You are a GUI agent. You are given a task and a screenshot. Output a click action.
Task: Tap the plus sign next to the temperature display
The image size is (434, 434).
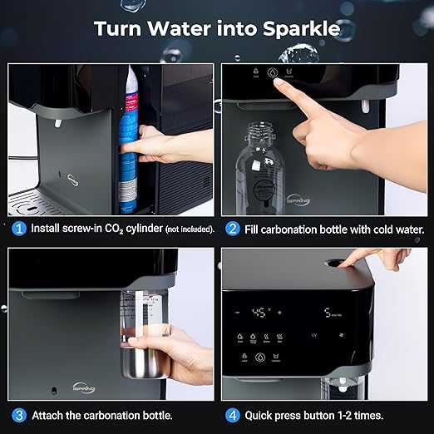[x=279, y=313]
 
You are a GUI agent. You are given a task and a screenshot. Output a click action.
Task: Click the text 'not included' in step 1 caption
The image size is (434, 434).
[x=189, y=229]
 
